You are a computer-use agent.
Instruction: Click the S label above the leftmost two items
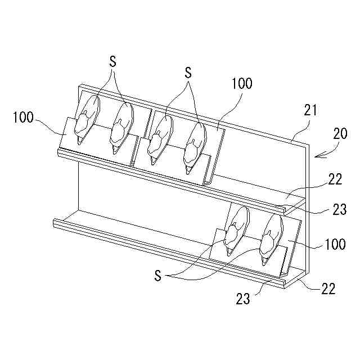(113, 62)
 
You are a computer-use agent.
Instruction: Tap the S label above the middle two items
(188, 73)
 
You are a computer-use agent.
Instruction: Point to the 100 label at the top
(241, 84)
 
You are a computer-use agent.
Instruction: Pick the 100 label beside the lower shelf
(335, 245)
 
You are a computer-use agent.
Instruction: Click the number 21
(310, 110)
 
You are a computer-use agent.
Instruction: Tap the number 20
(340, 134)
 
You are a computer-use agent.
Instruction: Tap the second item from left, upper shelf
(122, 127)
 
